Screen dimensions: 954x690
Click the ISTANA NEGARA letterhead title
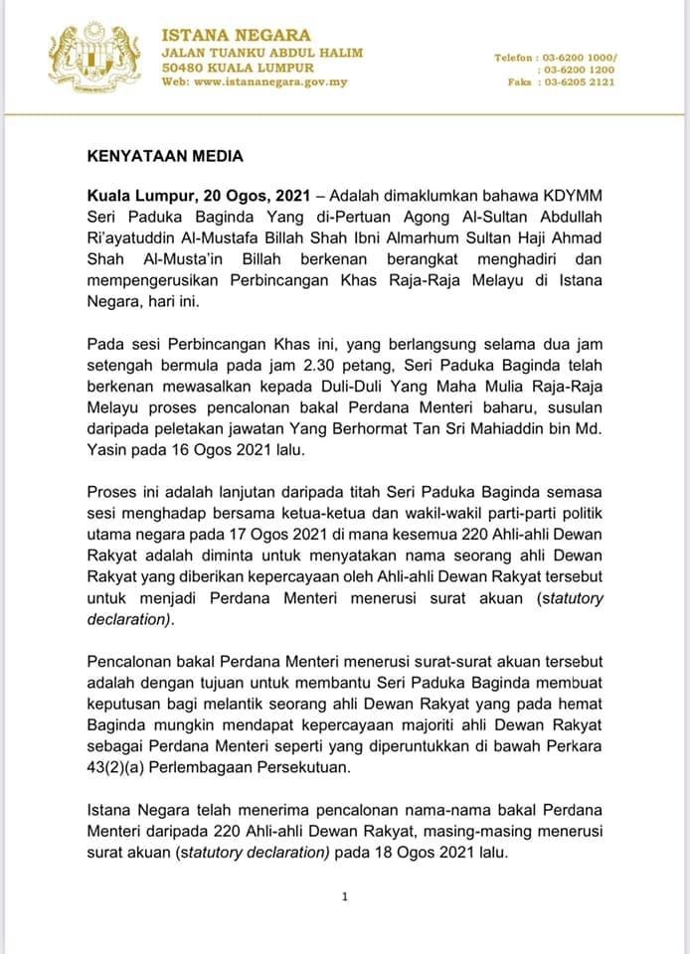point(236,36)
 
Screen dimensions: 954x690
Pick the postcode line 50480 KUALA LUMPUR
point(238,67)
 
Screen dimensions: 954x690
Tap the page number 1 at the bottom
point(343,896)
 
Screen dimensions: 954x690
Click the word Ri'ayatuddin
point(128,238)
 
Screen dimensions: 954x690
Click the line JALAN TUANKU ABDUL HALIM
point(261,52)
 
